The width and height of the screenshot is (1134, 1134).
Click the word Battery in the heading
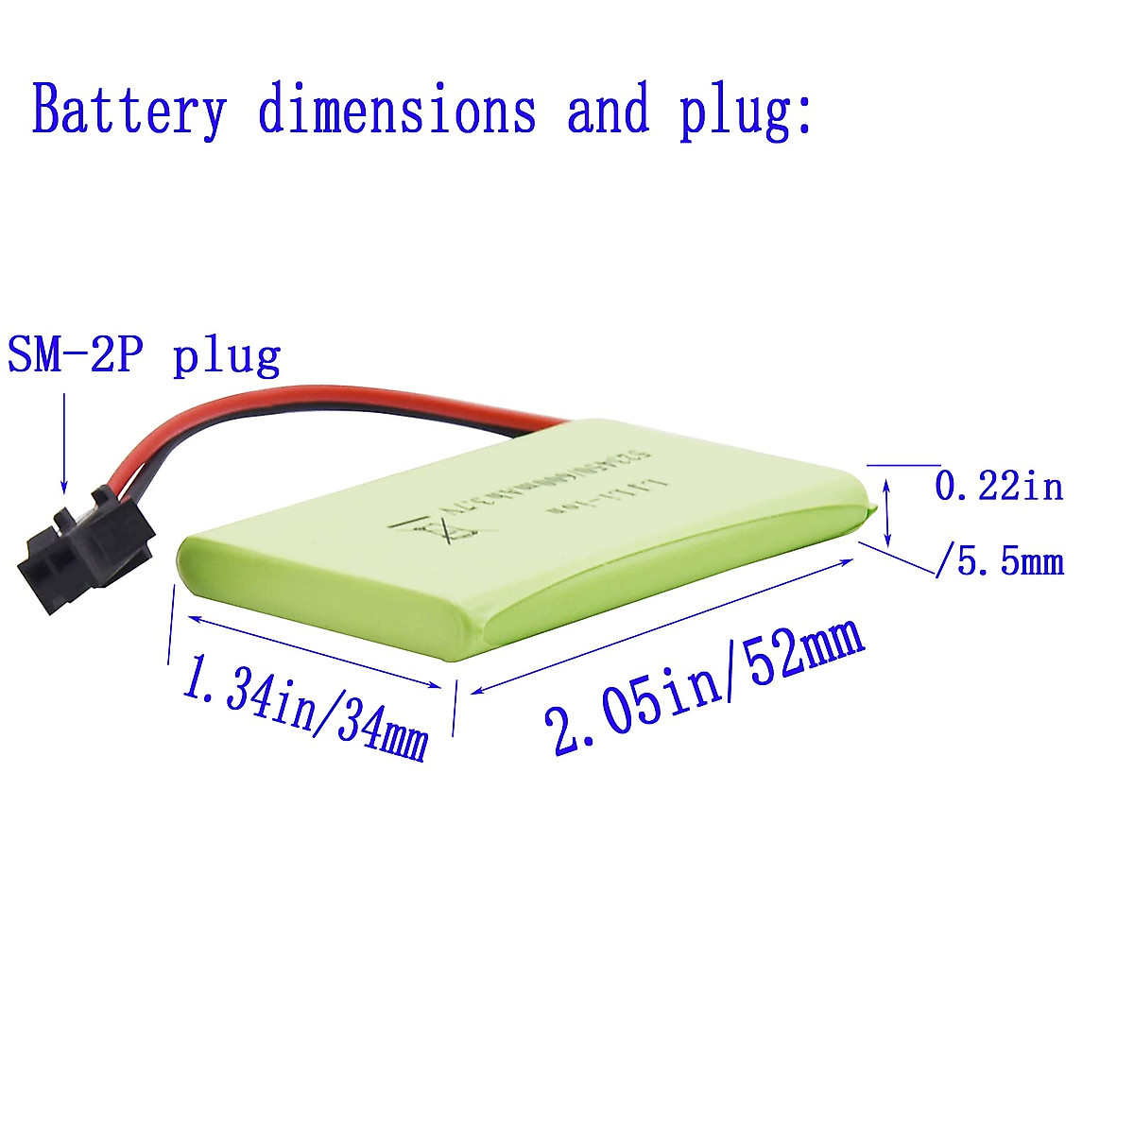coord(129,111)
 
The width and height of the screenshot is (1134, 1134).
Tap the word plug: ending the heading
coord(745,112)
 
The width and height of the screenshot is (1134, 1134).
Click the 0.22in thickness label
coord(999,487)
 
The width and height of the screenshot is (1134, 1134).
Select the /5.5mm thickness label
coord(999,562)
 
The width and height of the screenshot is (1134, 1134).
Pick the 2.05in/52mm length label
coord(704,685)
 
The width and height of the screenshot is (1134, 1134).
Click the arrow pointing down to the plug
coord(63,444)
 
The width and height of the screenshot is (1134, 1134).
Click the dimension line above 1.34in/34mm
coord(312,653)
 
